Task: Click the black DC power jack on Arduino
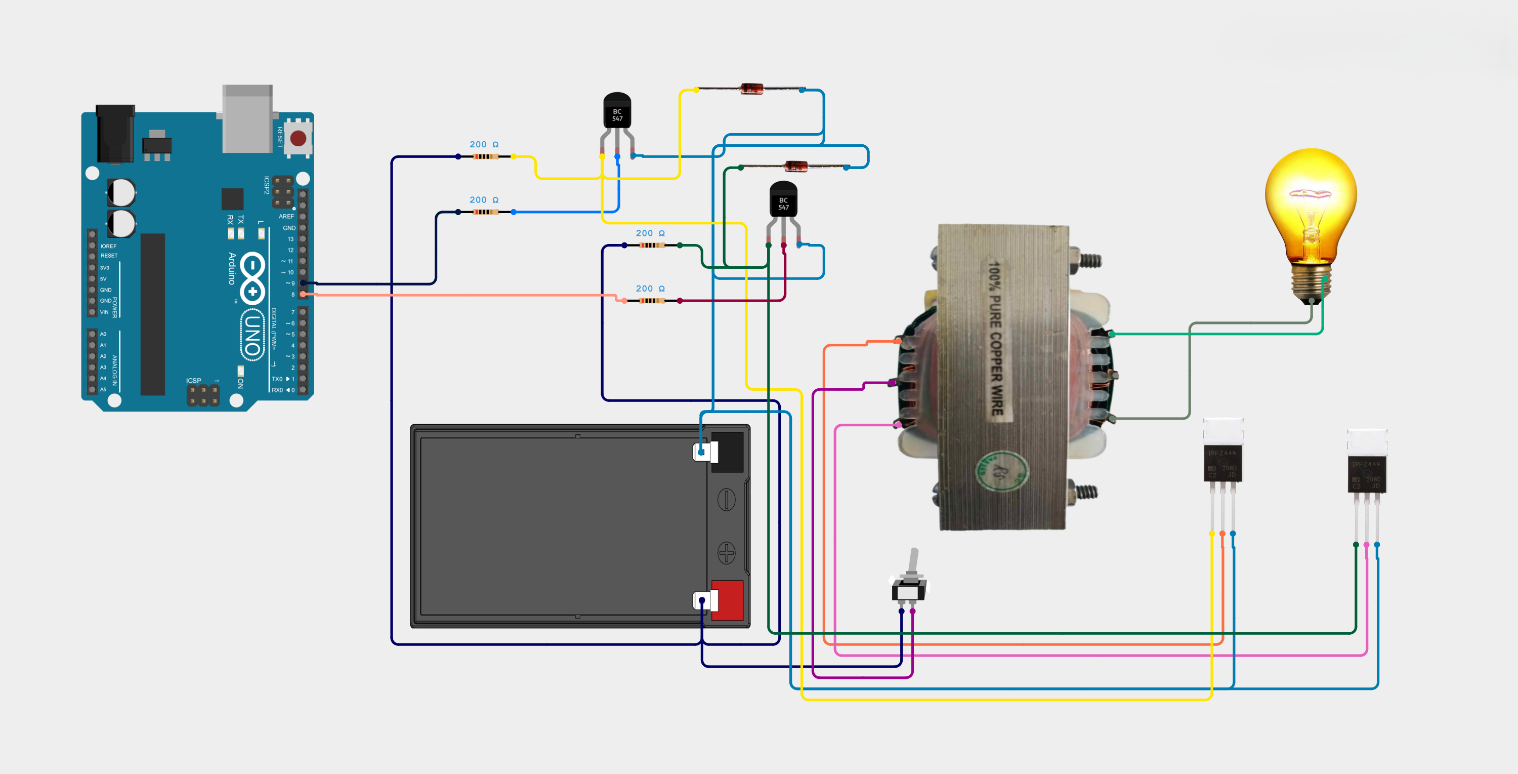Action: (x=115, y=135)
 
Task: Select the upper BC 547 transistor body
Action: (x=617, y=111)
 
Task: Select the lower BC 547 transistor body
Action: (x=783, y=200)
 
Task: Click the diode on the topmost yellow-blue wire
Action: (x=751, y=89)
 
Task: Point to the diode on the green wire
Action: (x=795, y=166)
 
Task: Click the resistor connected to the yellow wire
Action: (x=486, y=157)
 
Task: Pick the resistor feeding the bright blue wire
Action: (x=486, y=212)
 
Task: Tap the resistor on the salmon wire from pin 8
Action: (x=652, y=301)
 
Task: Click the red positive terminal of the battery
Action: (x=727, y=600)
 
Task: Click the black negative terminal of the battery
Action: (x=727, y=452)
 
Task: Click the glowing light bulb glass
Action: (x=1311, y=200)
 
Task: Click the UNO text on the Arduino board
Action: (x=252, y=334)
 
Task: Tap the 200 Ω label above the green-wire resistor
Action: (x=650, y=233)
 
